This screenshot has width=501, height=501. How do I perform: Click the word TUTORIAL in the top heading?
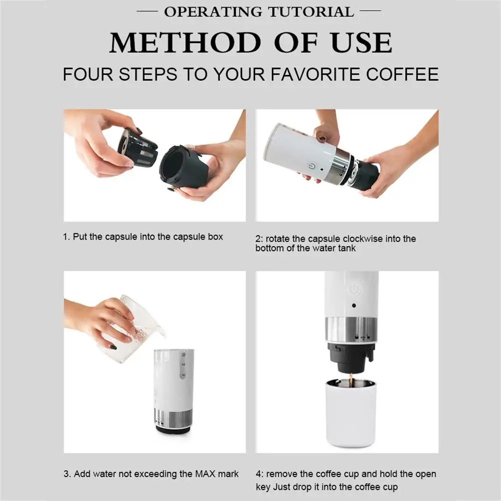[311, 12]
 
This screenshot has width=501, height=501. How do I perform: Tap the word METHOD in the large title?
[185, 43]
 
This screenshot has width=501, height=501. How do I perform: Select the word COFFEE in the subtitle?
[402, 74]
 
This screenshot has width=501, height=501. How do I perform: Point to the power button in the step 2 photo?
[312, 167]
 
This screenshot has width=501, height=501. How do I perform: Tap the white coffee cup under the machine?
[350, 413]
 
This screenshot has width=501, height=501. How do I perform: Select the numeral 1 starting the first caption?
[66, 237]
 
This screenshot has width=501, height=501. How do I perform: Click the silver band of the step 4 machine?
[351, 330]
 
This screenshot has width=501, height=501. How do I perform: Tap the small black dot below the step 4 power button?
[354, 305]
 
